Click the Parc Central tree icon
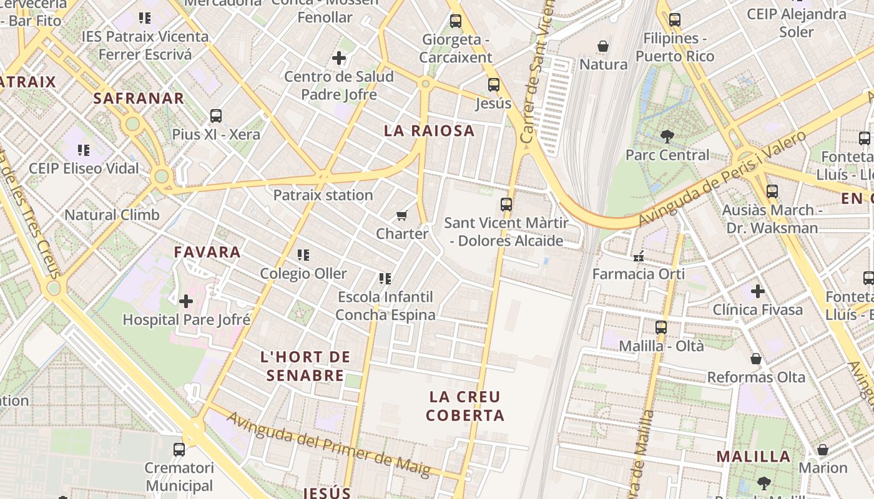[x=667, y=137]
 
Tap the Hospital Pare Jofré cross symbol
[x=186, y=302]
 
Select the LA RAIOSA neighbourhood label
[x=429, y=131]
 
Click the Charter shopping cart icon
[x=402, y=216]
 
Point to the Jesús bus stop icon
[x=493, y=85]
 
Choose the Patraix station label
[x=323, y=195]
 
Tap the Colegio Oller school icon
[x=303, y=255]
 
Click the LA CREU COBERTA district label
[x=466, y=406]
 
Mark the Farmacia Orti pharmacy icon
[x=639, y=256]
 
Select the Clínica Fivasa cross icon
[x=757, y=291]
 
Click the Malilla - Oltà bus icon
[x=661, y=327]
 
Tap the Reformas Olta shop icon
[x=756, y=359]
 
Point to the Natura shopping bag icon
[x=603, y=46]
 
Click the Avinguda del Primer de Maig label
[x=328, y=445]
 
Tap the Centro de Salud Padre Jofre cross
[x=339, y=59]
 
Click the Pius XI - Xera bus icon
[x=216, y=116]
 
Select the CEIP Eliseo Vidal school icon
[x=84, y=150]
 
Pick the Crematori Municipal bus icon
[x=179, y=449]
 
